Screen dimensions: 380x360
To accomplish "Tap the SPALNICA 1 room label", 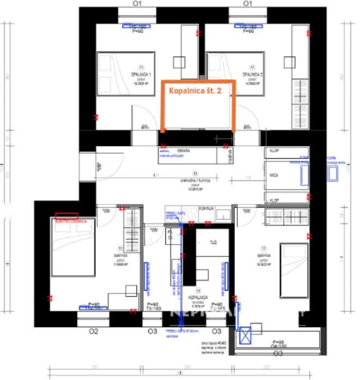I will [141, 74].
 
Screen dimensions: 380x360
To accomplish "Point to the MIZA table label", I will [274, 176].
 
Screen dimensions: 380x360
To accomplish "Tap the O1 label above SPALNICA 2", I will [247, 4].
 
